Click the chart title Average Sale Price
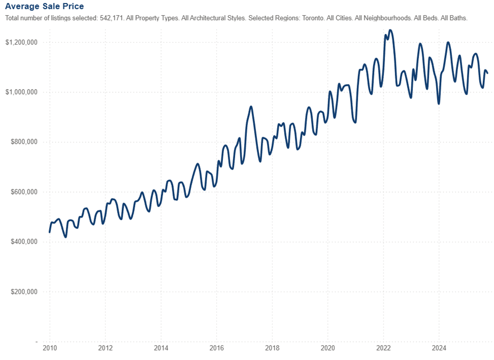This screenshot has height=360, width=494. [45, 6]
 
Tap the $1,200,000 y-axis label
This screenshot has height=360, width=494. [21, 42]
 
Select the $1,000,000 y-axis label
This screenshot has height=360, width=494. [21, 92]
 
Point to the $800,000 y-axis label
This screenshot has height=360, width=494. [23, 142]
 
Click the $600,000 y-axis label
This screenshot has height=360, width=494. [23, 192]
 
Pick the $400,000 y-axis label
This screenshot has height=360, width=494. [23, 242]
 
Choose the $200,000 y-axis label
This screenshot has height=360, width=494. [23, 292]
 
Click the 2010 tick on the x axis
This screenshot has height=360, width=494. [50, 348]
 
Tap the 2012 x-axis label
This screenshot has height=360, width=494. [105, 348]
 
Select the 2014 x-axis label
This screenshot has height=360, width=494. [161, 348]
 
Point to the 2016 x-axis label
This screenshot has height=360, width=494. [216, 348]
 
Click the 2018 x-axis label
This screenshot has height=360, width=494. [272, 348]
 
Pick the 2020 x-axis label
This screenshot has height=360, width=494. [328, 348]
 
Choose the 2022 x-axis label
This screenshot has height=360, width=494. [383, 348]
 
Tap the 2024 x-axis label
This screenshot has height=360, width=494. [439, 348]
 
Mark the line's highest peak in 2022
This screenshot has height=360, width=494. [390, 30]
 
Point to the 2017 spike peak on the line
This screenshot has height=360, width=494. [251, 107]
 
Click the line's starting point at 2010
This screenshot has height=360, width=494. [50, 231]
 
